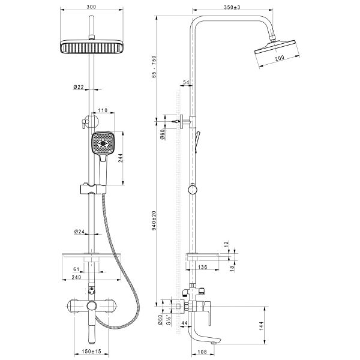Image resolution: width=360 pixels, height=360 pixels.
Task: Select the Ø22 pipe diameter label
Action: (79, 87)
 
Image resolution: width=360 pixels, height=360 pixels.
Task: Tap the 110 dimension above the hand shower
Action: (101, 110)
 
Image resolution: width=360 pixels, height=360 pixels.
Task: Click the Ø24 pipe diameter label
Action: (79, 231)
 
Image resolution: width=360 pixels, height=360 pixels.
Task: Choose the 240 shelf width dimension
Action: (77, 278)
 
